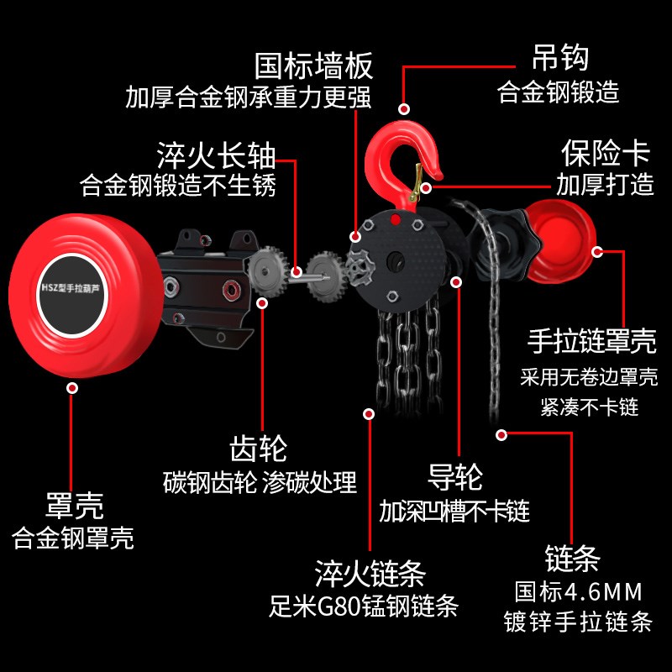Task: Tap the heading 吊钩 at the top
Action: point(559,58)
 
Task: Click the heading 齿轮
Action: point(259,448)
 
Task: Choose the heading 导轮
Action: point(455,478)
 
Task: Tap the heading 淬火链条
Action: point(370,575)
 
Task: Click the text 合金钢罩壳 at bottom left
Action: point(73,538)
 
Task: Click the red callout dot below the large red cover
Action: point(73,388)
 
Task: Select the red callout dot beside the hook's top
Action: point(404,108)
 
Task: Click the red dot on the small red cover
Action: point(596,250)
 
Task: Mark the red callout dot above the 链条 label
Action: point(502,434)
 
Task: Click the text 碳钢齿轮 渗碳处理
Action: point(260,482)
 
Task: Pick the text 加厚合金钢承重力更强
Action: point(248,97)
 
